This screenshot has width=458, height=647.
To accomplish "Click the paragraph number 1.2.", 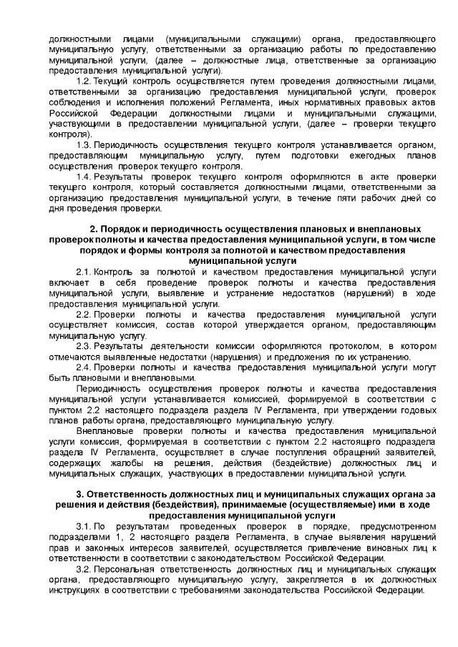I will (83, 82).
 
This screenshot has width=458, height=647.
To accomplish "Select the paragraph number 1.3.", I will (83, 145).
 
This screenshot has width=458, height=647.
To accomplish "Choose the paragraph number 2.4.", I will (83, 367).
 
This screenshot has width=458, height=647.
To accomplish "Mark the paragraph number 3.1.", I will (83, 525).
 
